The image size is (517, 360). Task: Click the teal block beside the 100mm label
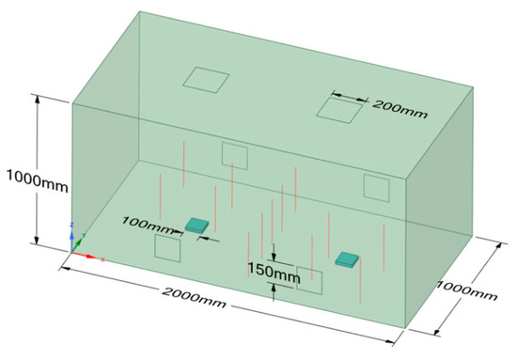(197, 225)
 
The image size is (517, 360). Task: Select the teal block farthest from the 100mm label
(347, 259)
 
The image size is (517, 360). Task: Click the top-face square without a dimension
(205, 80)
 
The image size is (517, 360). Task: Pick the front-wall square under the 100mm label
(167, 249)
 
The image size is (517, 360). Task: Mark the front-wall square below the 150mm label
(311, 279)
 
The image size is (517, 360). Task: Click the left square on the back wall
(234, 155)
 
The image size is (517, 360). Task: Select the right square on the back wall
(377, 188)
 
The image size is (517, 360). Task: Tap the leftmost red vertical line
(161, 193)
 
